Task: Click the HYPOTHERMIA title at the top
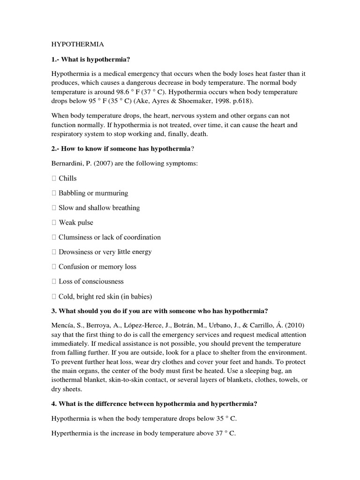click(77, 44)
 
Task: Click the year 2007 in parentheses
click(106, 164)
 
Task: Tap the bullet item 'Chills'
click(67, 179)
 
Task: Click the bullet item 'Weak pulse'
click(76, 223)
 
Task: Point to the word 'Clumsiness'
click(75, 237)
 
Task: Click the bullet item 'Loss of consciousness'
click(91, 282)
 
